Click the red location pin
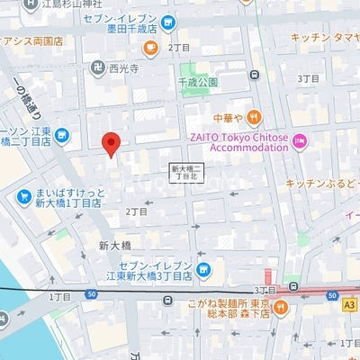point(111,143)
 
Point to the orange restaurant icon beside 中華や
point(255,115)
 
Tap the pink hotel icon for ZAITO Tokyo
point(300,139)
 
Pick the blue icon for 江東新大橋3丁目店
point(202,268)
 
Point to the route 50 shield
point(92,294)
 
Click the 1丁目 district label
point(59,295)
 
